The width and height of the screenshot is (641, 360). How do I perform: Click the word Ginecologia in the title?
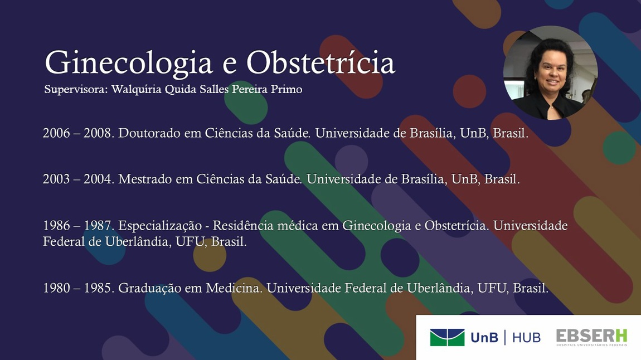(x=129, y=64)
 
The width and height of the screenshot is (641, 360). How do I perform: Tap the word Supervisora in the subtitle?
(x=76, y=90)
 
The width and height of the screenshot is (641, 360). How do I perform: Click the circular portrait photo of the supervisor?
(x=550, y=73)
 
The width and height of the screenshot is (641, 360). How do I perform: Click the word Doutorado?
(x=149, y=133)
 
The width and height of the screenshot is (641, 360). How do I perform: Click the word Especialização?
(x=160, y=226)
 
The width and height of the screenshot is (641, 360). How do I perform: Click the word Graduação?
(x=149, y=289)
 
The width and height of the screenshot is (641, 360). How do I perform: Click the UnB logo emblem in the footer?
(x=447, y=338)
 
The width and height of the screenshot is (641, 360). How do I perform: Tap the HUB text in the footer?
(x=526, y=338)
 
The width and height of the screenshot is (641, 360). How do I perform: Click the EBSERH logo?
(x=591, y=338)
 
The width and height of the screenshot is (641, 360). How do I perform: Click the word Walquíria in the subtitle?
(x=137, y=90)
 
